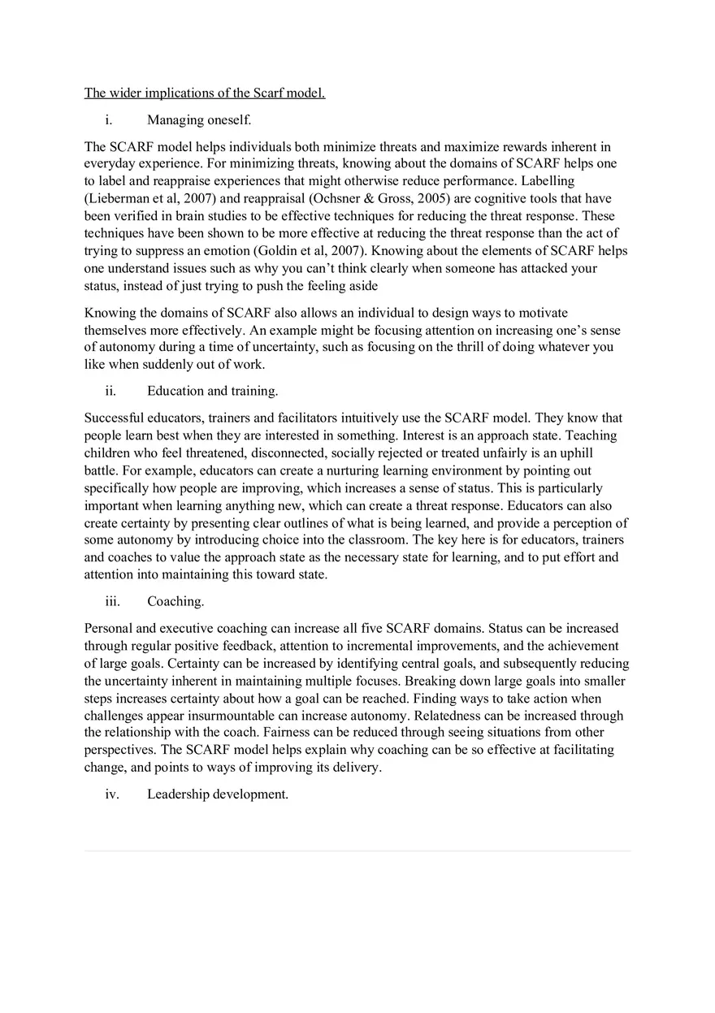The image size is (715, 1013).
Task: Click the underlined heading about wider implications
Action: (x=205, y=93)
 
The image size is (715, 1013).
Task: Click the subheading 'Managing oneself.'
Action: (x=199, y=120)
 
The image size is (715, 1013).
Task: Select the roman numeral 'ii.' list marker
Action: (x=111, y=391)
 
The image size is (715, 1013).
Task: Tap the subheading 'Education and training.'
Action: (x=213, y=391)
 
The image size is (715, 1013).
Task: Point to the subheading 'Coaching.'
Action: (x=175, y=601)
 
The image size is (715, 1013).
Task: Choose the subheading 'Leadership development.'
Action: (x=218, y=794)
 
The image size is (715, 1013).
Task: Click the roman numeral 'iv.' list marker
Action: (x=112, y=794)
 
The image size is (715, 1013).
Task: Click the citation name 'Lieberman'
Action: (x=117, y=198)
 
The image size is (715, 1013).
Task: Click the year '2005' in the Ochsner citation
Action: (x=432, y=198)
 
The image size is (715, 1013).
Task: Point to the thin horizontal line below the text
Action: (x=357, y=851)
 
